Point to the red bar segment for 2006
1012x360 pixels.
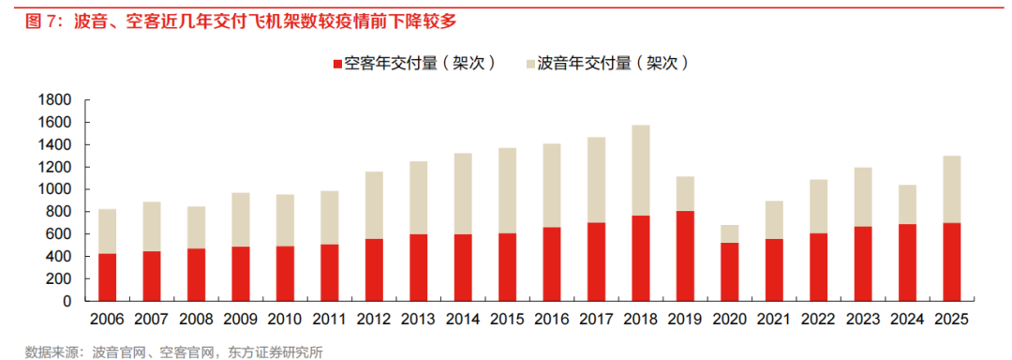click(x=108, y=277)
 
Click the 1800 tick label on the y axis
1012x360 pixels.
click(x=55, y=100)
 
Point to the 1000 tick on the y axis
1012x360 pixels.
click(x=55, y=189)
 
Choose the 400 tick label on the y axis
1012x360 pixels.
click(x=59, y=257)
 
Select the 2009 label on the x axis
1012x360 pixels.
click(x=240, y=320)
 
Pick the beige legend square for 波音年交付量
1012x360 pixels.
click(x=530, y=65)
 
